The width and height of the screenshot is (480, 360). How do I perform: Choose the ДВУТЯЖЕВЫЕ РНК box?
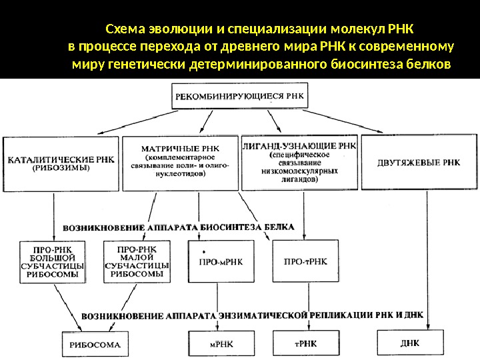418,163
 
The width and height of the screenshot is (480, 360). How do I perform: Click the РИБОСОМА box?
95,344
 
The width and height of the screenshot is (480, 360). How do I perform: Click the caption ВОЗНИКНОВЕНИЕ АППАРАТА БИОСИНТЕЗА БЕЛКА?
179,227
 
